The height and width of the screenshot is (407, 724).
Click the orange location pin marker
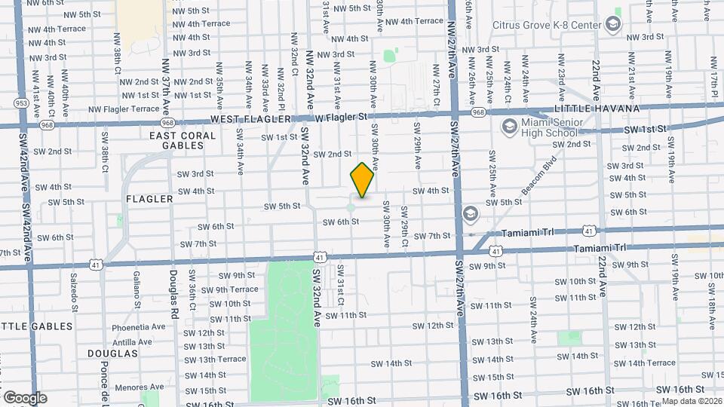coord(362,179)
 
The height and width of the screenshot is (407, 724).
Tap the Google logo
coord(25,397)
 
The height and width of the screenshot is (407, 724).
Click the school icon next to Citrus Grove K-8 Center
coord(613,25)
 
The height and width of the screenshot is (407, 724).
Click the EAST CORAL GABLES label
coord(183,141)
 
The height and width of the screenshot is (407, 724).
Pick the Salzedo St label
coord(74,292)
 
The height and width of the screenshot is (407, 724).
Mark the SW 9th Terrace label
coord(229,289)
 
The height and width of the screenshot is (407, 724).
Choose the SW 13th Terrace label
coord(220,360)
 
